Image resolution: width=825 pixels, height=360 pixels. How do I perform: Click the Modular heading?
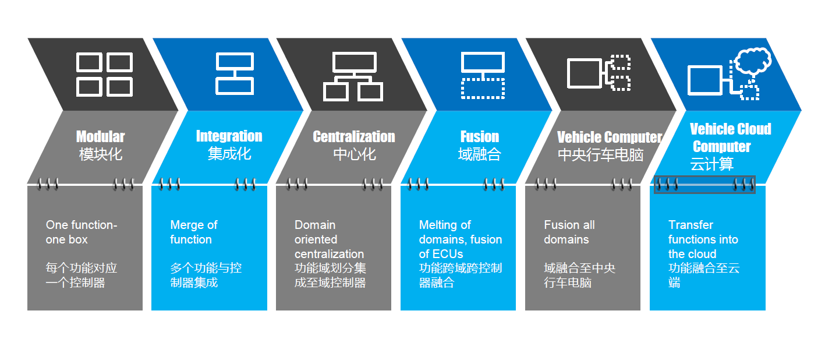pyautogui.click(x=100, y=137)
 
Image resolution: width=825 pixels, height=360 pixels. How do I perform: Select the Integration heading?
pyautogui.click(x=229, y=136)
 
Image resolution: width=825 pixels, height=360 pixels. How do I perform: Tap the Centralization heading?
pyautogui.click(x=353, y=137)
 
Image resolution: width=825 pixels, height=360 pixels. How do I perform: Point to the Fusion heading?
pyautogui.click(x=479, y=137)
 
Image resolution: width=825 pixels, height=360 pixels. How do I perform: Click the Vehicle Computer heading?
pyautogui.click(x=609, y=137)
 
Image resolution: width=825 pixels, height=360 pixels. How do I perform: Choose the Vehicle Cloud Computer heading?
pyautogui.click(x=730, y=137)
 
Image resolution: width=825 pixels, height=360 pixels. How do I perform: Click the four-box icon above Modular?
pyautogui.click(x=105, y=75)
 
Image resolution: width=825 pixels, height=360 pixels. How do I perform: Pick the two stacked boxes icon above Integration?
pyautogui.click(x=235, y=74)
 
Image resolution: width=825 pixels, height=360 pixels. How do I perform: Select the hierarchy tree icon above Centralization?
pyautogui.click(x=353, y=76)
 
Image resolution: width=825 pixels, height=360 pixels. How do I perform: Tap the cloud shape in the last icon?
pyautogui.click(x=753, y=60)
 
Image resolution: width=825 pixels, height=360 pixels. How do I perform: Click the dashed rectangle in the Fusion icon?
pyautogui.click(x=483, y=88)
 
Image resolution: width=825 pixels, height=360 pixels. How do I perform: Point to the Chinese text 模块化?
pyautogui.click(x=101, y=154)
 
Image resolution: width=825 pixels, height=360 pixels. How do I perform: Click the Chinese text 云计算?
pyautogui.click(x=711, y=164)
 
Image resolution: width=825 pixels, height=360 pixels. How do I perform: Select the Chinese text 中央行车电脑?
pyautogui.click(x=600, y=155)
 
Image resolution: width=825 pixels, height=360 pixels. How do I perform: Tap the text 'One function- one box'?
pyautogui.click(x=82, y=232)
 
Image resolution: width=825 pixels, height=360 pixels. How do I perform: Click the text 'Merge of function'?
pyautogui.click(x=193, y=232)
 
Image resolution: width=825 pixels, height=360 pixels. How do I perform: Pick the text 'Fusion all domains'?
pyautogui.click(x=569, y=232)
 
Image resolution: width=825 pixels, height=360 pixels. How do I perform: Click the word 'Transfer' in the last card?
pyautogui.click(x=691, y=225)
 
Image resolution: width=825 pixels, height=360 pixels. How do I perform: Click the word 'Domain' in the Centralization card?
pyautogui.click(x=315, y=225)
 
